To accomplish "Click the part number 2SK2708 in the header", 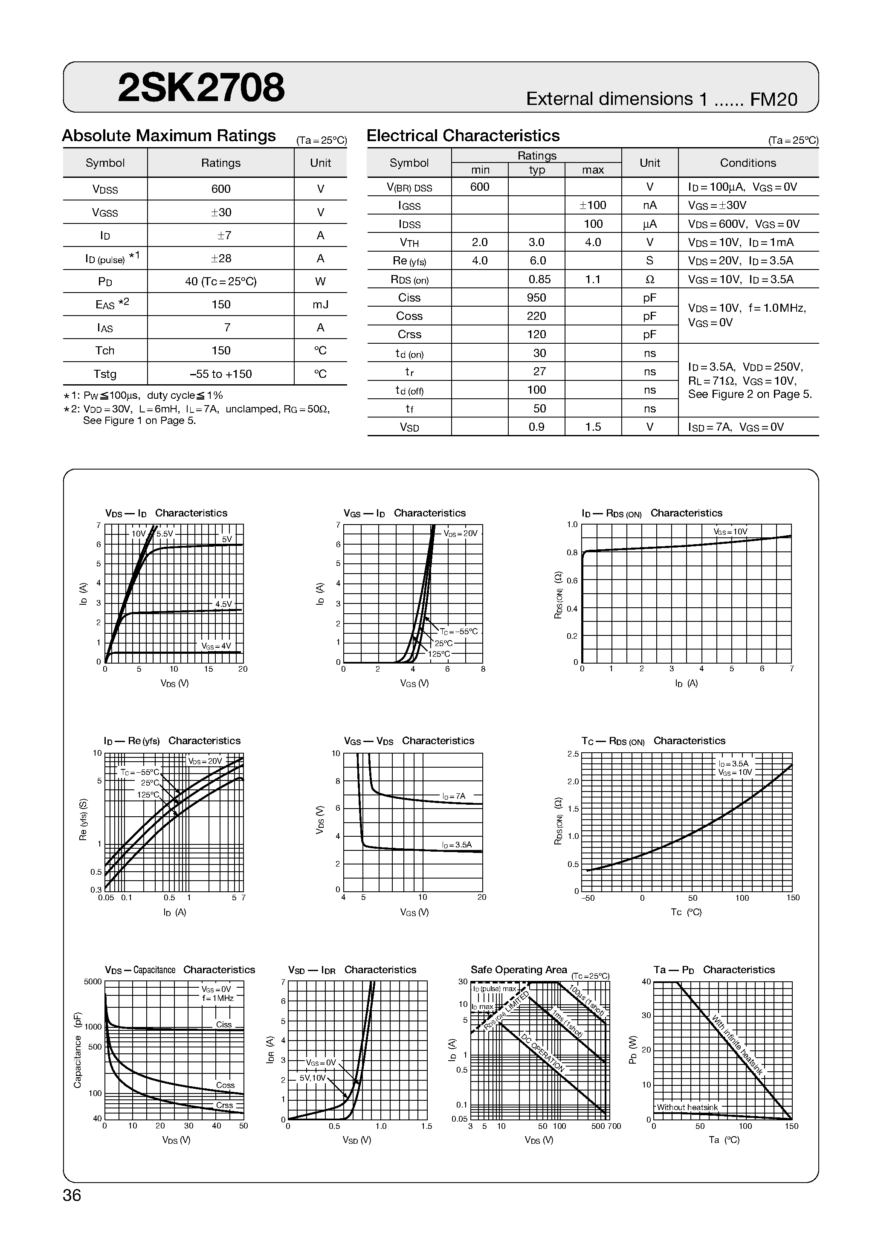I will [x=201, y=88].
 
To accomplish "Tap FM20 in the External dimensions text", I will [x=774, y=99].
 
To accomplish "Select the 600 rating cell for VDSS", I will [x=220, y=189].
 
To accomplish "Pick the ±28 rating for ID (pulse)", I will [x=220, y=258].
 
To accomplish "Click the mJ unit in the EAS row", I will [x=321, y=304].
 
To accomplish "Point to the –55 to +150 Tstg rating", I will [x=220, y=374].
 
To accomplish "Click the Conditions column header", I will [x=748, y=163].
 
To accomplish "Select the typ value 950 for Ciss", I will [x=536, y=298].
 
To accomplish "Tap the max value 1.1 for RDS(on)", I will [x=593, y=279].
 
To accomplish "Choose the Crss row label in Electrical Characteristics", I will [x=409, y=334].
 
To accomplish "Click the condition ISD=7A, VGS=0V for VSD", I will [x=736, y=427].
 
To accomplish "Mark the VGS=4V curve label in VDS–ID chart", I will [x=216, y=646].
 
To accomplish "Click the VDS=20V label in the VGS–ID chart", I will [x=460, y=534].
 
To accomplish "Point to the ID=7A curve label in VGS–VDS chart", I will [x=454, y=796].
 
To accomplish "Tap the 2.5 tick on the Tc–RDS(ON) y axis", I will [x=573, y=754].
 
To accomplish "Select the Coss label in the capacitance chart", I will [x=225, y=1085].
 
